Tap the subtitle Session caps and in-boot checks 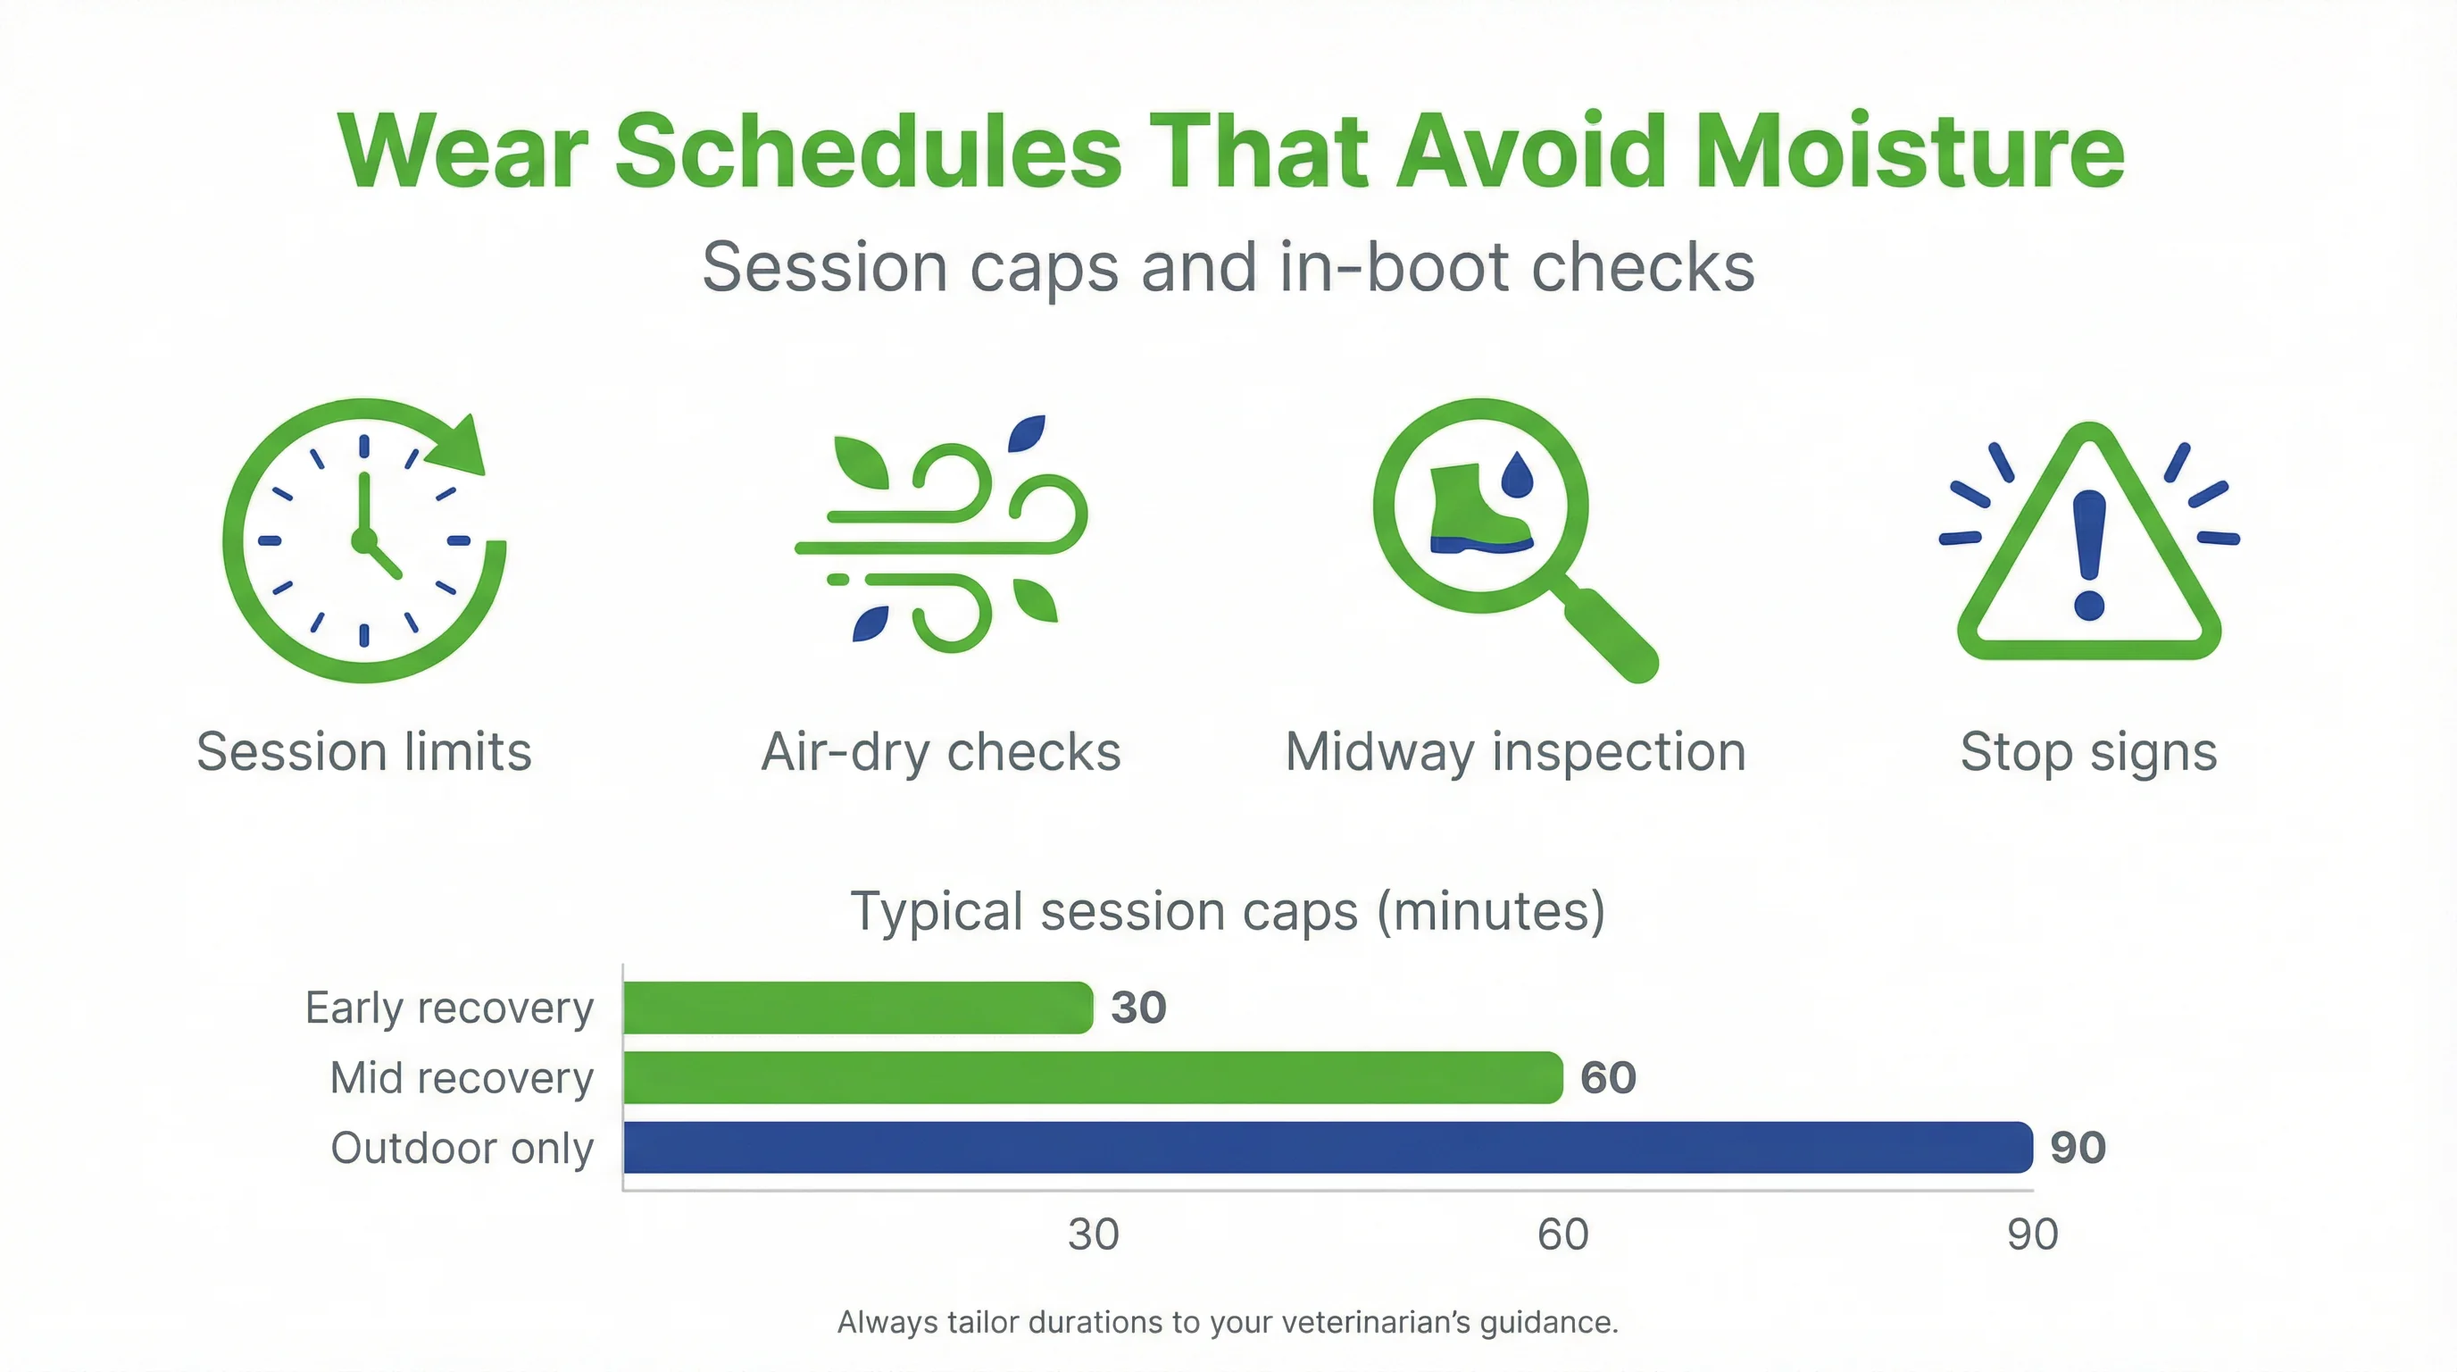click(x=1228, y=268)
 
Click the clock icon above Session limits click(x=363, y=540)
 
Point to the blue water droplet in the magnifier click(x=1517, y=474)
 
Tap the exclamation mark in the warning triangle click(x=2089, y=554)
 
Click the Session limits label click(x=363, y=752)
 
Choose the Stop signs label click(x=2088, y=752)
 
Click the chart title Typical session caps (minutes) click(x=1228, y=911)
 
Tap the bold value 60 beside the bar click(x=1608, y=1078)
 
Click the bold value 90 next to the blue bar click(x=2078, y=1148)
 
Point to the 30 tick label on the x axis click(x=1093, y=1234)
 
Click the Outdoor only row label click(x=462, y=1148)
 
